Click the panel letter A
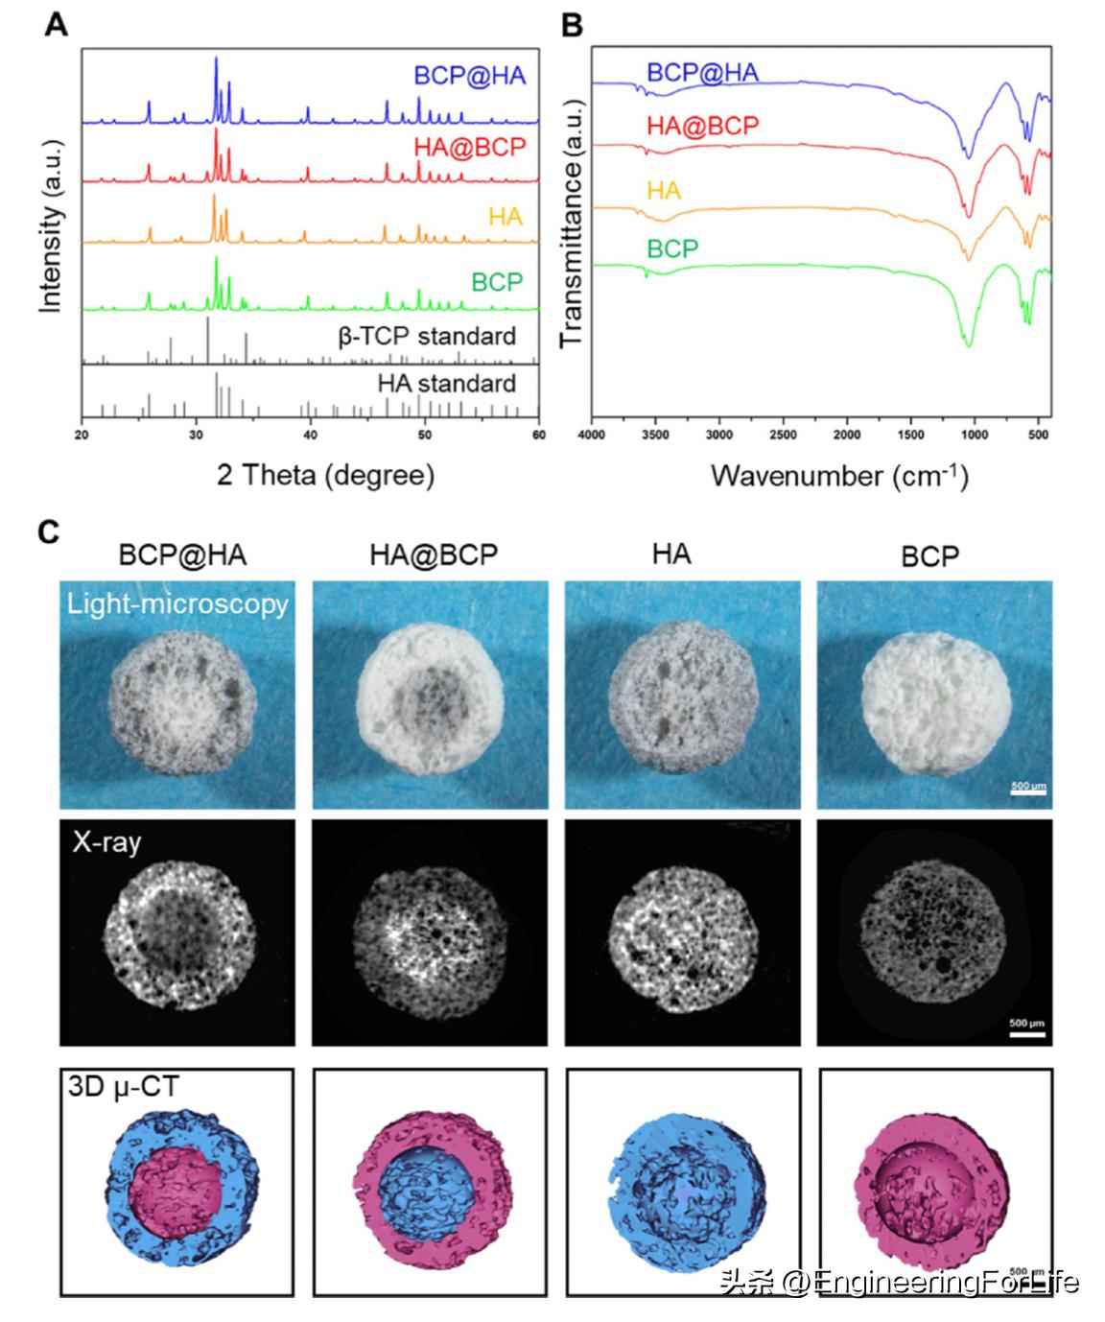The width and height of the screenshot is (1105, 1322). pos(57,25)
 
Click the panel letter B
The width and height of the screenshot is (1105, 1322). pos(572,25)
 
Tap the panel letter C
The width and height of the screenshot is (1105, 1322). pos(49,531)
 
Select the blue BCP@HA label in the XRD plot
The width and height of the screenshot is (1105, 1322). pos(469,76)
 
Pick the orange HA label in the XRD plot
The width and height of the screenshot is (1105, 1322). pos(505,217)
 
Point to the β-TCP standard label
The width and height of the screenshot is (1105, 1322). pos(427,337)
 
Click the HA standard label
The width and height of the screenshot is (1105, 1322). pos(446,384)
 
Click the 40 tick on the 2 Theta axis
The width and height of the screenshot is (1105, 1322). pos(310,435)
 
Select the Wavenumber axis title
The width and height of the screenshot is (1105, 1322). pos(838,475)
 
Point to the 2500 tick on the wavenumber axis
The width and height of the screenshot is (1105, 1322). pos(783,435)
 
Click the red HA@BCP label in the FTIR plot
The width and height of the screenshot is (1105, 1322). pos(702,126)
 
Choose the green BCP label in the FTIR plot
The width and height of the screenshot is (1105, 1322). pos(672,249)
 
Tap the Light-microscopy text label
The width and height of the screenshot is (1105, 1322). pos(177,603)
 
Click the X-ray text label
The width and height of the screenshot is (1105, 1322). pos(106,842)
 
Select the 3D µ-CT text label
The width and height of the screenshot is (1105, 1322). pos(123,1087)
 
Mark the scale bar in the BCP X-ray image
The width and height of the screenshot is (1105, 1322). pos(1025,1033)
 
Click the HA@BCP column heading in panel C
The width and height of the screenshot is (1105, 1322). pos(434,555)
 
